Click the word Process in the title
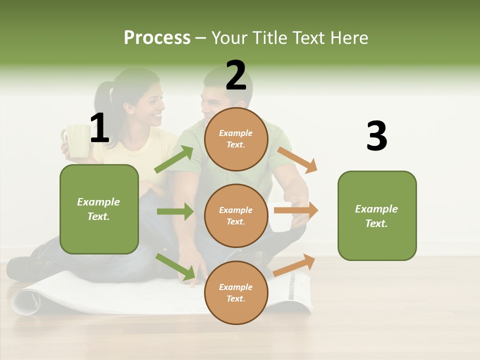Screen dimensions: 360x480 coord(157,37)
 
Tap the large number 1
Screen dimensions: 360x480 coord(99,128)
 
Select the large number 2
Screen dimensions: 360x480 coord(236,75)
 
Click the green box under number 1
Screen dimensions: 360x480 coord(99,209)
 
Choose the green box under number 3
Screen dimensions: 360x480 coord(377,215)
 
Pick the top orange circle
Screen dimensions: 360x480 coord(236,139)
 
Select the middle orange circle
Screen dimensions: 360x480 coord(236,215)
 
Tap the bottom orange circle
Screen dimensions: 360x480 coord(236,292)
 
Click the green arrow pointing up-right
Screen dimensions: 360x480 coord(174,159)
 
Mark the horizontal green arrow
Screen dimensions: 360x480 coord(175,211)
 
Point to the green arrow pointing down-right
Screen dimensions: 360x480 coord(175,266)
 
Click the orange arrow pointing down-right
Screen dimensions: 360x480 coord(297,160)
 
